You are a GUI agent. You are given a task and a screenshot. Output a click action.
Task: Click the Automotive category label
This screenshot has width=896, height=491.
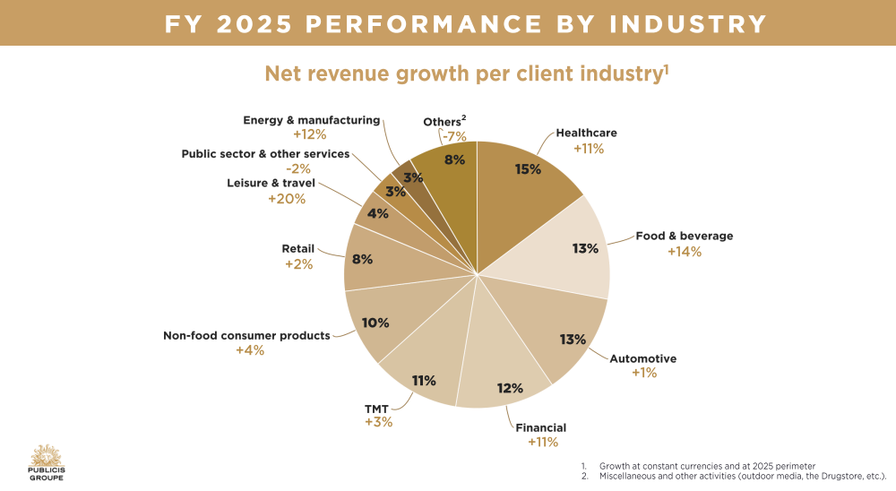(x=642, y=358)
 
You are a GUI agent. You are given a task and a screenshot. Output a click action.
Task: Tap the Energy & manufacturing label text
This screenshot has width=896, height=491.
(x=312, y=120)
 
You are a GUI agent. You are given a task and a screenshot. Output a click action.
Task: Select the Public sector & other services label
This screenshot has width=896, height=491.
(x=265, y=154)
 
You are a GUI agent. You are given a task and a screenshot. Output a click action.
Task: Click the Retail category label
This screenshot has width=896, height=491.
(x=298, y=250)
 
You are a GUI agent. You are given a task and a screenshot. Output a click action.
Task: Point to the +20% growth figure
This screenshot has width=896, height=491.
(x=287, y=199)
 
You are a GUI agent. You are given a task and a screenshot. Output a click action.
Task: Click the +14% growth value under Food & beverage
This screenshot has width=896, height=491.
(x=684, y=252)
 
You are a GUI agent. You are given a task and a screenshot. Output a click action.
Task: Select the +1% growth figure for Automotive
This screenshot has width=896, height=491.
(x=643, y=373)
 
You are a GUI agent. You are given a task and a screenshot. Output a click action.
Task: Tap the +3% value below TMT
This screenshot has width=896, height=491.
(x=378, y=421)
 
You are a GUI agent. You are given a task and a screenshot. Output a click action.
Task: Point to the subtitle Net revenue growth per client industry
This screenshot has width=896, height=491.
(x=466, y=73)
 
